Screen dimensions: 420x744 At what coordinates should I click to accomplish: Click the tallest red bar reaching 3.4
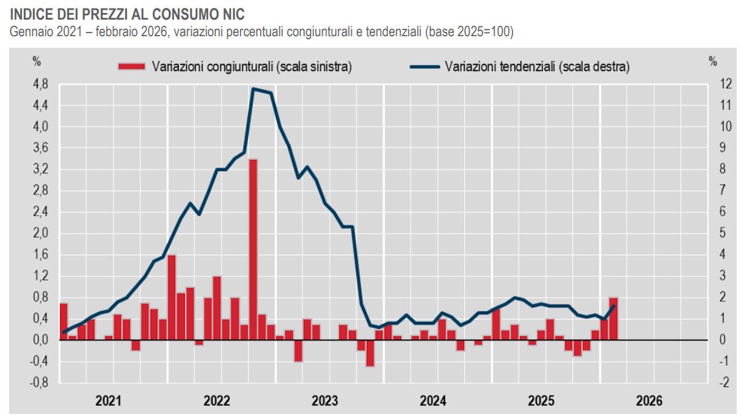(253, 248)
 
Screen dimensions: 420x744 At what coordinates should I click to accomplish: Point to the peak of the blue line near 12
(254, 89)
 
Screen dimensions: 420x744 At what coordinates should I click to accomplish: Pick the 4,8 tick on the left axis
(41, 85)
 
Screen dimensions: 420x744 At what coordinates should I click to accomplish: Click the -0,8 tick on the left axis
(40, 383)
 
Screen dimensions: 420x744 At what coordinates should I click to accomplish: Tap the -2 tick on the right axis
(708, 383)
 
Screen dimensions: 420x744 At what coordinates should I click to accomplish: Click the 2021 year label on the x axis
(108, 402)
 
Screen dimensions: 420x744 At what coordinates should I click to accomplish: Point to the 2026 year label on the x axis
(649, 402)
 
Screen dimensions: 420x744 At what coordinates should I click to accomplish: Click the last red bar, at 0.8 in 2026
(613, 318)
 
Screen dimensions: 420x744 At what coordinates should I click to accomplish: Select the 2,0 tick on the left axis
(41, 234)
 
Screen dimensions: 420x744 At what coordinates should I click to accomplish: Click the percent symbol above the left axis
(37, 61)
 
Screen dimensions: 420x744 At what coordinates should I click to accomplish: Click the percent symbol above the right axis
(712, 61)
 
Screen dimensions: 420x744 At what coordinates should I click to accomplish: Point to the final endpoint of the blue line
(614, 306)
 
